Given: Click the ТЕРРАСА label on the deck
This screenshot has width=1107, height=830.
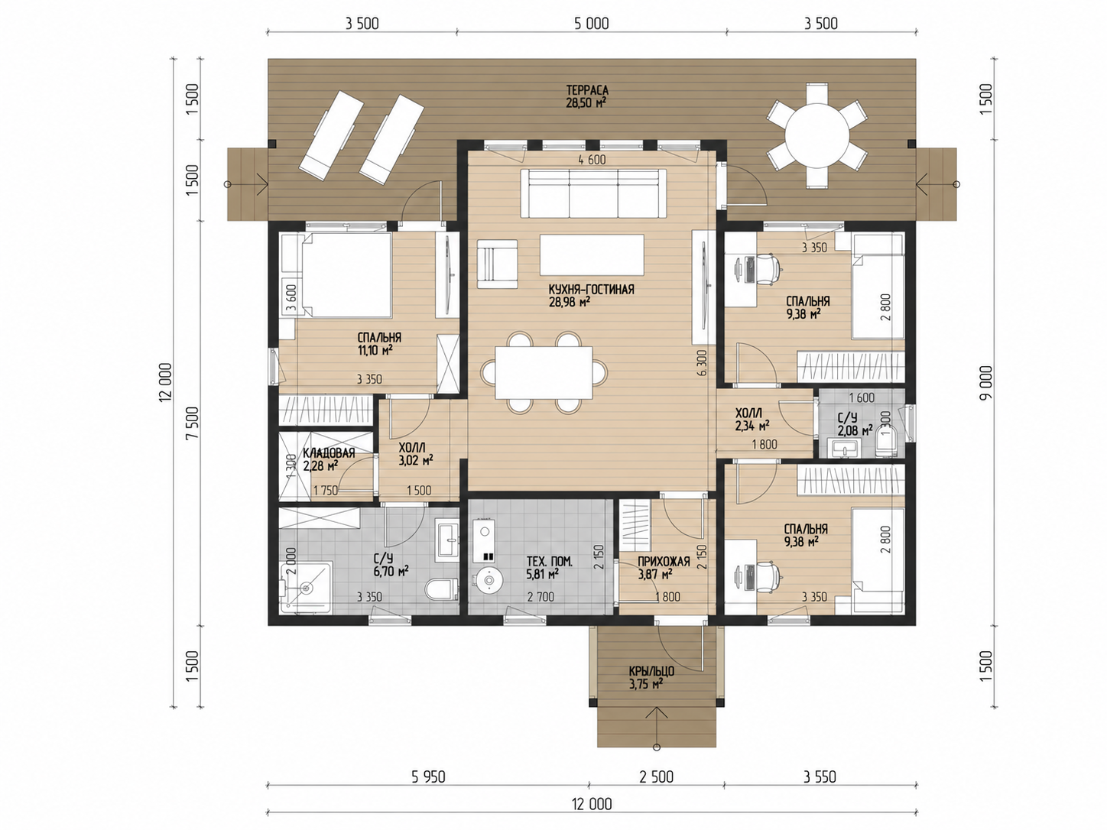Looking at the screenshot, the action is (587, 90).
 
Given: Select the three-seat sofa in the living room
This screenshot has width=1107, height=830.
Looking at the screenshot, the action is (593, 193).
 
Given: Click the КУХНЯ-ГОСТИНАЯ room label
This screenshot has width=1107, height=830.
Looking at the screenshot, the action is (591, 290).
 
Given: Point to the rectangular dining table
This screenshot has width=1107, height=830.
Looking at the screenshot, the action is (544, 372).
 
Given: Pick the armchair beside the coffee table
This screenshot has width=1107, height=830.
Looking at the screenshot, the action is (497, 264).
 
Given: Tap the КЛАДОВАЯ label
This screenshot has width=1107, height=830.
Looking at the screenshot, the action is (329, 452).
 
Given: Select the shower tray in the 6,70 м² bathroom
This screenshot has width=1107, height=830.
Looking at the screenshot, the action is (305, 588).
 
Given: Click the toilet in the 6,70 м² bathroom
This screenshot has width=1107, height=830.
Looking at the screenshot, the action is (442, 589).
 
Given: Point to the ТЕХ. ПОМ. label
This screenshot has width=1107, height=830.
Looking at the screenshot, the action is (549, 562).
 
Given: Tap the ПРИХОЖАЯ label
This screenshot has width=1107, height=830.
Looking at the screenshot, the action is (663, 562).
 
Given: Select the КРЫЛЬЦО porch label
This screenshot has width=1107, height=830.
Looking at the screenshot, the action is (651, 671).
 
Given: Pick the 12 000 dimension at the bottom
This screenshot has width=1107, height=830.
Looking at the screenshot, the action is (592, 804).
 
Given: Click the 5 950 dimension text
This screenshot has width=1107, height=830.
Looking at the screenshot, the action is (428, 777).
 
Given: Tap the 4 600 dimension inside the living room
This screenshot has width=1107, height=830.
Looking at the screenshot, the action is (592, 160).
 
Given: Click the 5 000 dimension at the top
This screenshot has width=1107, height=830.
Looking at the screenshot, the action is (592, 24).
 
